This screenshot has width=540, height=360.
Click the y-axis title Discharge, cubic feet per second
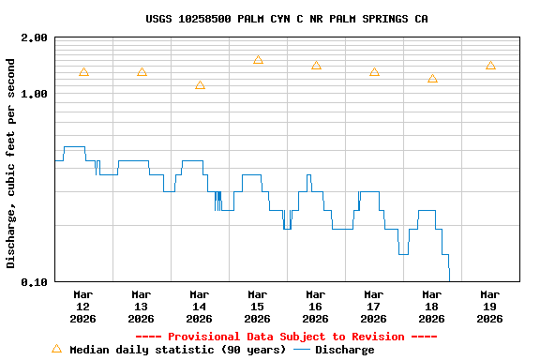point(11,163)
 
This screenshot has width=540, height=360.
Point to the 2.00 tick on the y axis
point(35,37)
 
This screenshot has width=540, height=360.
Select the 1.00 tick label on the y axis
point(35,94)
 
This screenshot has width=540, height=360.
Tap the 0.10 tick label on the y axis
point(35,281)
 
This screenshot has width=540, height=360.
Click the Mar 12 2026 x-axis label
point(82,306)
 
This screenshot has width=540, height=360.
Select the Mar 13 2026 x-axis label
point(141,306)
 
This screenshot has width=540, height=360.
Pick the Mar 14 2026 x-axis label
point(199,306)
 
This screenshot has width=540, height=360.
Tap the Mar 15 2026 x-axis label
point(257,306)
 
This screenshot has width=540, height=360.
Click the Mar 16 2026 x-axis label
point(315,306)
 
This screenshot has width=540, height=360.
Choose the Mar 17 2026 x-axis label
point(373,306)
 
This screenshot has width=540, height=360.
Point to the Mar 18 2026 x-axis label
point(431,306)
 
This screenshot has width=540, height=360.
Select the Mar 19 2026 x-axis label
point(489,306)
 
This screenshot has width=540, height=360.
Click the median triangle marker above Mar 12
point(83,72)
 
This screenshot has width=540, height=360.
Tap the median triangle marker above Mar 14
point(200,85)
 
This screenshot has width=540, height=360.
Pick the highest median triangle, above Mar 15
point(258,60)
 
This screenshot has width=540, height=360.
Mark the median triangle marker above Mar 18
point(432,79)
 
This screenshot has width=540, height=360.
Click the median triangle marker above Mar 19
point(490,66)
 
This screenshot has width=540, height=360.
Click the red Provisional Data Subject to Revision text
point(286,337)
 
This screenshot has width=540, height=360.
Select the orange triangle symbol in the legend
point(56,349)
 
